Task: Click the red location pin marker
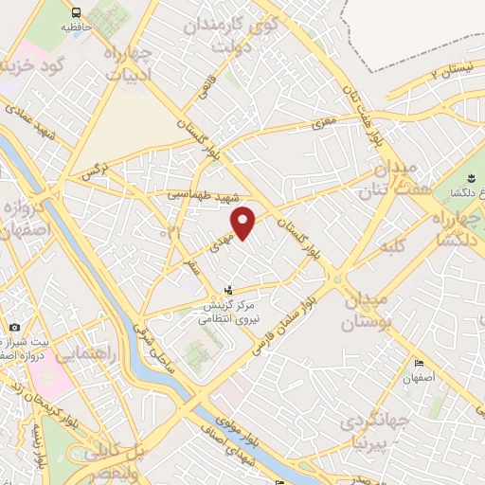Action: [244, 223]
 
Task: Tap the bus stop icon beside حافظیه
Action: [75, 12]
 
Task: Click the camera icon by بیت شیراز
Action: [15, 328]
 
